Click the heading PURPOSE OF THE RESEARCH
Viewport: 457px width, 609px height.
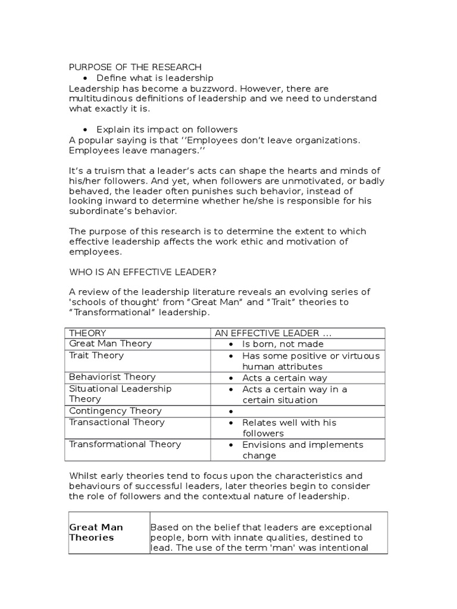click(x=135, y=67)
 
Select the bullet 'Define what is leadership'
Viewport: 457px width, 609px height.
click(x=155, y=78)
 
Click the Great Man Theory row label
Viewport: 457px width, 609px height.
click(x=111, y=344)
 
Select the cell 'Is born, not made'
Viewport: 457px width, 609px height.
click(x=283, y=344)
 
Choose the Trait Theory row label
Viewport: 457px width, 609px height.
click(x=96, y=355)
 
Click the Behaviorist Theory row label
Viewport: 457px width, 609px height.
click(x=112, y=377)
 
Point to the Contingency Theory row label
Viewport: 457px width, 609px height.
click(x=115, y=411)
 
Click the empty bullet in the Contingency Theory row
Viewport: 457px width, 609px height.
click(x=230, y=412)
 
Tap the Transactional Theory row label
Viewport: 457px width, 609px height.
click(x=117, y=422)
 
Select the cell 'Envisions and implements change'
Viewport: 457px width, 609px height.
click(x=302, y=450)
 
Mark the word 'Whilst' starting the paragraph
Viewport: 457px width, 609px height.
click(x=83, y=476)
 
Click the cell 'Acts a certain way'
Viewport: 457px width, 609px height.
click(x=284, y=378)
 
